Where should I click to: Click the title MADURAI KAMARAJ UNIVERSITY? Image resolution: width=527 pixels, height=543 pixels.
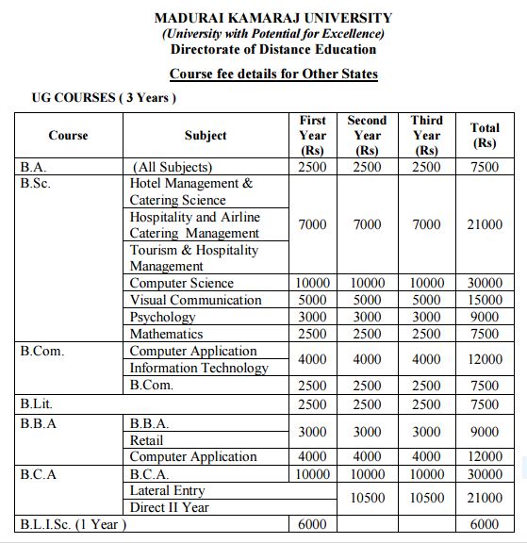coord(273,18)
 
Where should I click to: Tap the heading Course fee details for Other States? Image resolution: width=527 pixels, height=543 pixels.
coord(273,74)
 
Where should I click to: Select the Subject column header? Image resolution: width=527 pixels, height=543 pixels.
coord(206,135)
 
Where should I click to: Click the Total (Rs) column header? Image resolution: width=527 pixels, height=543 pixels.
coord(485,135)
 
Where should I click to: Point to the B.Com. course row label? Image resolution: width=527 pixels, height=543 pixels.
coord(44,351)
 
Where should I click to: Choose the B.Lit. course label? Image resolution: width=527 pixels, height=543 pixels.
coord(36,403)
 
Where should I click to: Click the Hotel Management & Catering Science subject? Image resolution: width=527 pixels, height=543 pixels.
coord(191,191)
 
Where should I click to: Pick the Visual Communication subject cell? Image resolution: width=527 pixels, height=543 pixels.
coord(196,300)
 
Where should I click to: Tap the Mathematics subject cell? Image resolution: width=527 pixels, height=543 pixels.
coord(166,334)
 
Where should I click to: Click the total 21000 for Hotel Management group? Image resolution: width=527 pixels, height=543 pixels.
coord(485,225)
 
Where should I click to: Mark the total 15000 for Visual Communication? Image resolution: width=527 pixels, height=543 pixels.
coord(485,300)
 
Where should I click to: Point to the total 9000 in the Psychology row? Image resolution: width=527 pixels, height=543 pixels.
coord(485,317)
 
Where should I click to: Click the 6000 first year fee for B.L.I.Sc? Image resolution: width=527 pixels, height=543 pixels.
coord(312,524)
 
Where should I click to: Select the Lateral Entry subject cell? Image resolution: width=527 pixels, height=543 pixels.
coord(167,490)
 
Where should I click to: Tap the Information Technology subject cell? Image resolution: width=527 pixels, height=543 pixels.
coord(199,368)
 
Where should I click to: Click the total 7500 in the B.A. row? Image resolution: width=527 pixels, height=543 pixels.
coord(485,167)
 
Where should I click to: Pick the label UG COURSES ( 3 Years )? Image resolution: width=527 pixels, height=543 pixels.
coord(105,97)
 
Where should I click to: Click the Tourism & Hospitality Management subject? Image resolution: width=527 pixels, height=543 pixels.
coord(193,258)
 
